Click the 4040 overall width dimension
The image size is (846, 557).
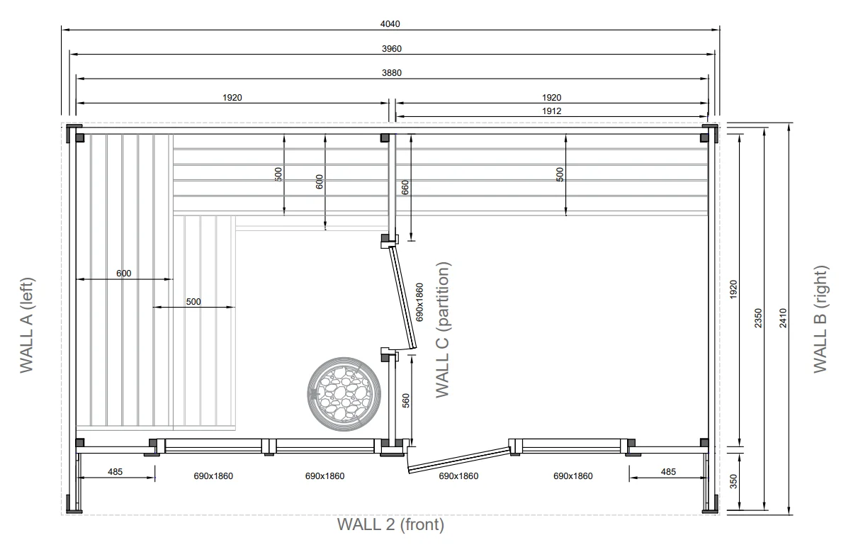click(390, 24)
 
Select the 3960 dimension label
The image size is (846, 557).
click(392, 49)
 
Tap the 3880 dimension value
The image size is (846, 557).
click(392, 73)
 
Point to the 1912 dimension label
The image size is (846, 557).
click(551, 111)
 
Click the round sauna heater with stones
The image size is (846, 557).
click(344, 393)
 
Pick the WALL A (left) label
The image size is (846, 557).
click(26, 325)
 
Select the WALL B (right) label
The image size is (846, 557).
click(820, 319)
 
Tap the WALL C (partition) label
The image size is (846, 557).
click(442, 330)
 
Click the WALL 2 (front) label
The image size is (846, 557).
click(390, 524)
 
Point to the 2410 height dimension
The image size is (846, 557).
click(783, 318)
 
